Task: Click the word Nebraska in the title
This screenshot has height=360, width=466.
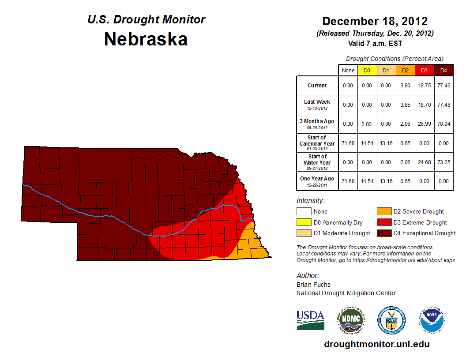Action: [146, 39]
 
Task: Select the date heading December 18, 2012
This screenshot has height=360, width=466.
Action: [375, 21]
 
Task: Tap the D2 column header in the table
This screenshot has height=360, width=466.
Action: [405, 70]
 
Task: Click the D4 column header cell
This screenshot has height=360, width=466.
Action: [443, 70]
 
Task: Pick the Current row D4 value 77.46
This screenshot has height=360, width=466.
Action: [443, 86]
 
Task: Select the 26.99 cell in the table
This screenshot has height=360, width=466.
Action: [424, 124]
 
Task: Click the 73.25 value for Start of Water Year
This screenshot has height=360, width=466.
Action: [443, 162]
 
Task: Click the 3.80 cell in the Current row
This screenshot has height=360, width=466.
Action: [405, 86]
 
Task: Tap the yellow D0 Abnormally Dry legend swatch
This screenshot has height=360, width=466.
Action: [304, 222]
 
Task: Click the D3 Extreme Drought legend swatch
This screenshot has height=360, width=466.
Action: [383, 222]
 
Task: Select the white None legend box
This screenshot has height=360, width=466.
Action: [304, 212]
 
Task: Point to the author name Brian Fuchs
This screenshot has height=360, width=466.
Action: [313, 285]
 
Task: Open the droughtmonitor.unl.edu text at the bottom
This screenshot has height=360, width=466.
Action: [376, 344]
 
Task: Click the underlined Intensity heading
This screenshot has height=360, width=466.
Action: [310, 201]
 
